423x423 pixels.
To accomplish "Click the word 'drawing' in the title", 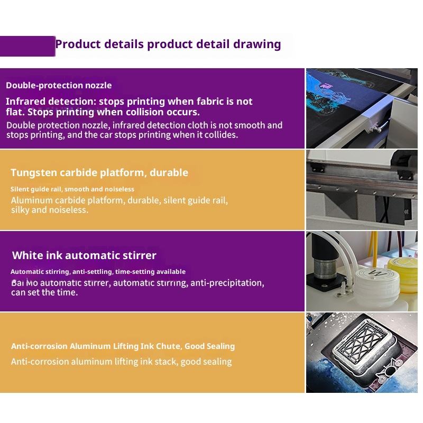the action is tap(257, 44).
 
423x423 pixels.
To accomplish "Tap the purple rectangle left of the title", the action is tap(27, 46).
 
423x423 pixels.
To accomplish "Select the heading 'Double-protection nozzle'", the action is tap(59, 86).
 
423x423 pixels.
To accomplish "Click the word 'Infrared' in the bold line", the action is tap(23, 102).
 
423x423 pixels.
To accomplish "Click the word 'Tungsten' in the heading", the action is tap(34, 173).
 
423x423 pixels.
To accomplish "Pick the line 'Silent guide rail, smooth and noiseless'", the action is tap(72, 189).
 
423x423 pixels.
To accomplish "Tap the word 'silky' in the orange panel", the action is tap(20, 210).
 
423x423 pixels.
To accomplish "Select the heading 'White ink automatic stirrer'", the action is tap(84, 255).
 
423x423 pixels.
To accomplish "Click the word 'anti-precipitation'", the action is tap(227, 283).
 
